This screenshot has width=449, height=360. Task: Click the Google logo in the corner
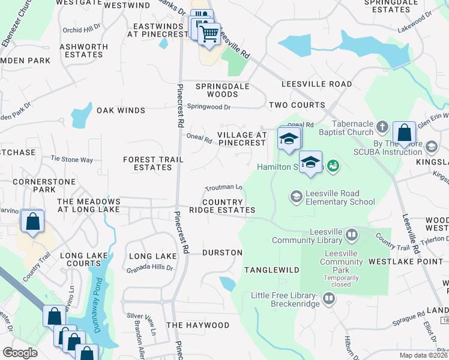coord(20,353)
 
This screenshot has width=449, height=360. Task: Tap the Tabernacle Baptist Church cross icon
coord(382,127)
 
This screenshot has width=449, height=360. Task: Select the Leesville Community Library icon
coord(352,234)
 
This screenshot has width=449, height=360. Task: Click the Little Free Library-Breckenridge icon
coord(328,298)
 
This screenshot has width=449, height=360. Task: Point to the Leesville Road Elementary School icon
coord(296,196)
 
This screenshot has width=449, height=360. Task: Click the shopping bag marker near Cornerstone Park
coord(32,221)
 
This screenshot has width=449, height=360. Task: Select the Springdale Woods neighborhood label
coord(222,90)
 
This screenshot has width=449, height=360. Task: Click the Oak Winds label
coord(121,110)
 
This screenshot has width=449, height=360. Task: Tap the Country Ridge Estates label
coord(222,206)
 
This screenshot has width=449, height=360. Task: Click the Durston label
coord(222,253)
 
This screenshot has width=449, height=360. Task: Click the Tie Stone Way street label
coord(72,160)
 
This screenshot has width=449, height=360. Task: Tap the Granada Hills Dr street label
coord(149,268)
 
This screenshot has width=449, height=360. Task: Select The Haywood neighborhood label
coord(197,325)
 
